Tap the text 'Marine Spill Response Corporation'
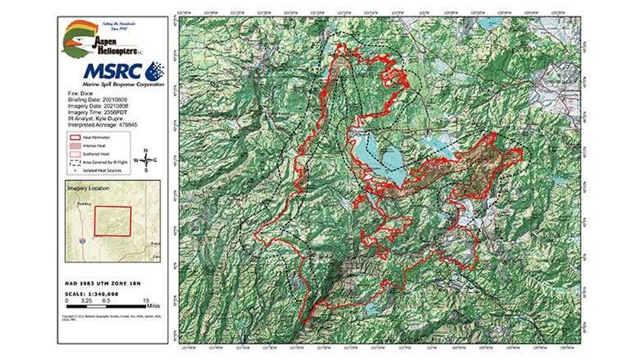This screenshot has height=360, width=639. tap(114, 85)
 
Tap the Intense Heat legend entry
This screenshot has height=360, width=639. tap(91, 146)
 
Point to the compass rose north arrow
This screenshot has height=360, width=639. tap(146, 153)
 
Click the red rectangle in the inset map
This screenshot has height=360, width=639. tap(113, 221)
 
